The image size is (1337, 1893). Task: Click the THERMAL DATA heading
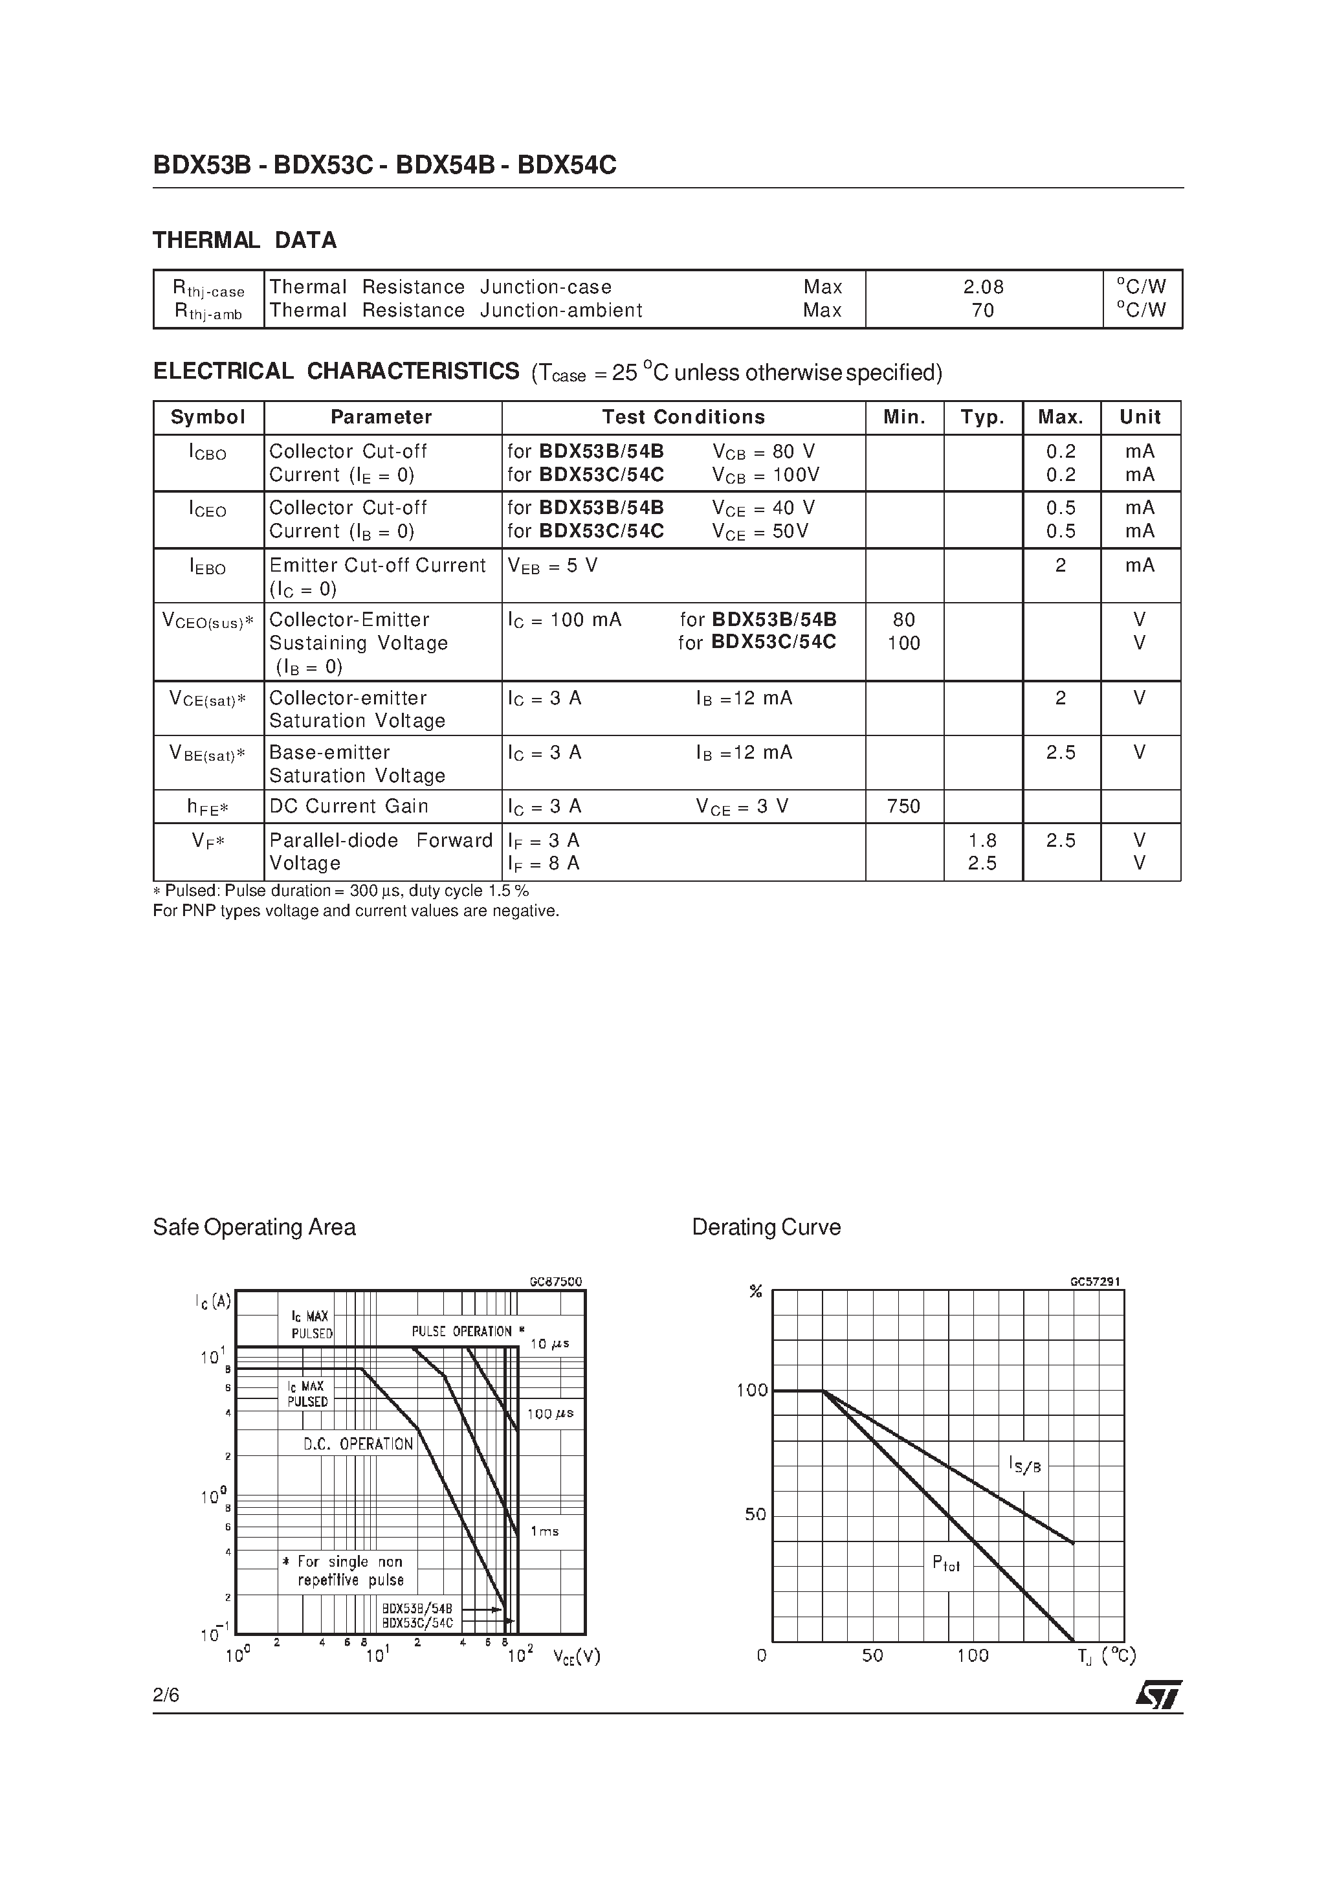[244, 240]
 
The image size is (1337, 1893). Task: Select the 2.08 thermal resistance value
[984, 287]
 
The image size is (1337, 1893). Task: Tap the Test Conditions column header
[683, 417]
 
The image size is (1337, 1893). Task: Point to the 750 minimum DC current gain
[903, 807]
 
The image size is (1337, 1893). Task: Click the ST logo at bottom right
[1159, 1695]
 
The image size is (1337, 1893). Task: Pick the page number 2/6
[166, 1695]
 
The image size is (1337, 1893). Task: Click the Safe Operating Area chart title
[254, 1227]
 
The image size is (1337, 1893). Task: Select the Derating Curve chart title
[766, 1227]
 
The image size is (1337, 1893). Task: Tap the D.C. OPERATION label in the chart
[358, 1444]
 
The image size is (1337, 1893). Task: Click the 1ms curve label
[544, 1531]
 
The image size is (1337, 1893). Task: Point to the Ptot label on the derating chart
[945, 1562]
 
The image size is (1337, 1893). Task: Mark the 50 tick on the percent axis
[755, 1514]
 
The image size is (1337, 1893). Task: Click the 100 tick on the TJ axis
[973, 1655]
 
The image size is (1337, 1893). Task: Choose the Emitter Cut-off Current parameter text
[377, 566]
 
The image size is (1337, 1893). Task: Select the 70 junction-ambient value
[984, 311]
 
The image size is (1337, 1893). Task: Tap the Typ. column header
[982, 417]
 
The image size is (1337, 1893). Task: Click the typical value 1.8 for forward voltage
[982, 840]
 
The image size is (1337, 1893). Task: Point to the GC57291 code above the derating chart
[1096, 1282]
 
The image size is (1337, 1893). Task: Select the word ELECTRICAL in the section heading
[223, 372]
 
